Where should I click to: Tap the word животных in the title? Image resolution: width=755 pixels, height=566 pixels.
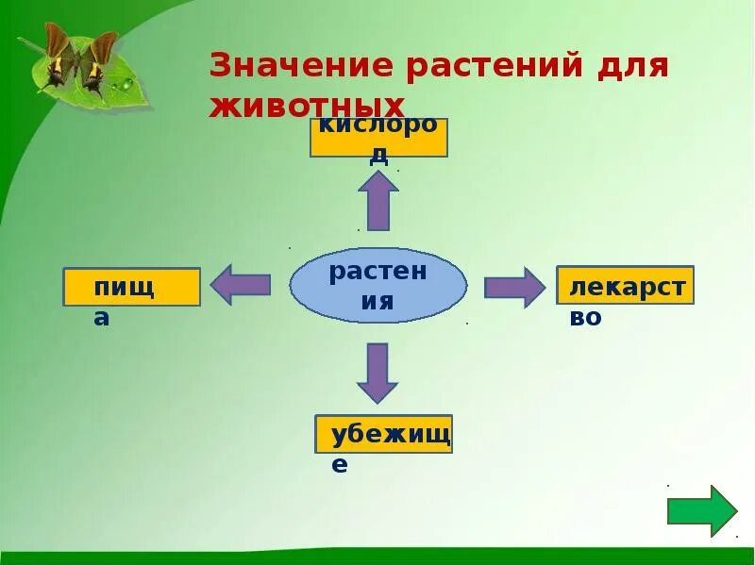pyautogui.click(x=307, y=105)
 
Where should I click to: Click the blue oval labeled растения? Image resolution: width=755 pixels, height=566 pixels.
pyautogui.click(x=377, y=286)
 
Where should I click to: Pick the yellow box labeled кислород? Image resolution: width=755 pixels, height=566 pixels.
pyautogui.click(x=378, y=137)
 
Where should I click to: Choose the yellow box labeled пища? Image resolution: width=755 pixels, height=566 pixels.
pyautogui.click(x=131, y=287)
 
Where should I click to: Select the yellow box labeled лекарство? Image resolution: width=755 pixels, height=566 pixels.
pyautogui.click(x=625, y=285)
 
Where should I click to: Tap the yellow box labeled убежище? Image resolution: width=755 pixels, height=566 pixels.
pyautogui.click(x=383, y=434)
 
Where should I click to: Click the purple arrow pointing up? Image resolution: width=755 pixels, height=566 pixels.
pyautogui.click(x=378, y=200)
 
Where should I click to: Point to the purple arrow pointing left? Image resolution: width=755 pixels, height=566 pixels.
pyautogui.click(x=240, y=285)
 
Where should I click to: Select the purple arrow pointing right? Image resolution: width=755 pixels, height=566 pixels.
pyautogui.click(x=515, y=287)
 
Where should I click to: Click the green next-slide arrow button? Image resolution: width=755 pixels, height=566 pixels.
pyautogui.click(x=701, y=511)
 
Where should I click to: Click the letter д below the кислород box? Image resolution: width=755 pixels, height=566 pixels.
pyautogui.click(x=378, y=157)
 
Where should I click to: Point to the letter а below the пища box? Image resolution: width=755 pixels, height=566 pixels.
pyautogui.click(x=101, y=318)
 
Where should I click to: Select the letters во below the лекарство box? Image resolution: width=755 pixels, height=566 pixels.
pyautogui.click(x=585, y=318)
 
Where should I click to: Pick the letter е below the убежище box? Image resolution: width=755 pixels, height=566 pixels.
pyautogui.click(x=340, y=464)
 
